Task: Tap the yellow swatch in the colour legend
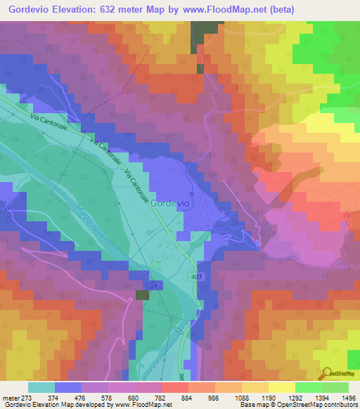click(281, 387)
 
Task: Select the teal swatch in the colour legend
click(41, 387)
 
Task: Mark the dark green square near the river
click(143, 296)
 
